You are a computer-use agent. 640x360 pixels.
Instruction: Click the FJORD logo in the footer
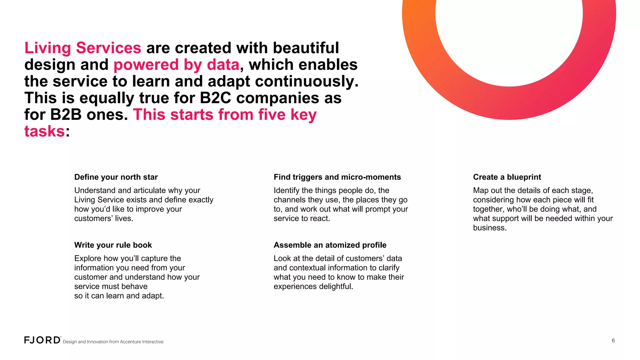pos(42,340)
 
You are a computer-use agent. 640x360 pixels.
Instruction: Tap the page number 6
pos(613,341)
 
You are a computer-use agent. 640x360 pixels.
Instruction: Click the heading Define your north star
pos(116,177)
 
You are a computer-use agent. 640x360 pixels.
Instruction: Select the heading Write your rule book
pos(113,245)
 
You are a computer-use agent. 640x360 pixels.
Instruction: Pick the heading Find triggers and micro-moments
pos(337,177)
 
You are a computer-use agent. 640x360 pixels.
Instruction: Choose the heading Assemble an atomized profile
pos(330,245)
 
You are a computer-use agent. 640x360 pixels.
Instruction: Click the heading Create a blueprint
pos(507,177)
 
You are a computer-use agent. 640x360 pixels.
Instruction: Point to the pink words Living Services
pos(83,48)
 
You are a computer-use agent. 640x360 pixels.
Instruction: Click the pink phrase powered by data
pos(176,65)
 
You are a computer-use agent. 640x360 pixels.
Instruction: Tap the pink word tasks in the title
pos(44,131)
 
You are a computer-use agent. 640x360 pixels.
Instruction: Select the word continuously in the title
pos(307,82)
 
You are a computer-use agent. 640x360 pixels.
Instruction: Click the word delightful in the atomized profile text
pos(334,287)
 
